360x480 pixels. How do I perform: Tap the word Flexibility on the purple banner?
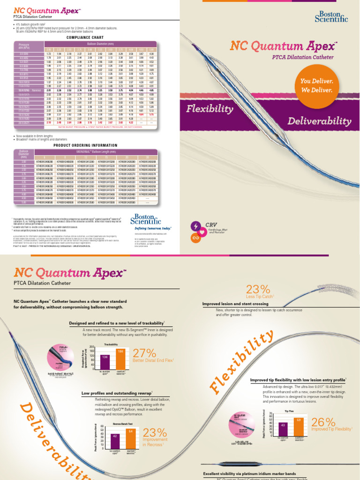tap(210, 109)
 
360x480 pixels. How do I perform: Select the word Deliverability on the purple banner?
tap(319, 121)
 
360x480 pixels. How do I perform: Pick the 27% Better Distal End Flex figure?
tap(145, 354)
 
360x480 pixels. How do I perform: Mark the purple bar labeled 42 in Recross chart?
tap(115, 440)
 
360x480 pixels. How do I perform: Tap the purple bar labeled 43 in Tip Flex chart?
tap(283, 429)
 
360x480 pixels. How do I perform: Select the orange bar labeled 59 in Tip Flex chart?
tap(299, 427)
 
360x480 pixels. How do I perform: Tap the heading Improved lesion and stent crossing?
tap(235, 304)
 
